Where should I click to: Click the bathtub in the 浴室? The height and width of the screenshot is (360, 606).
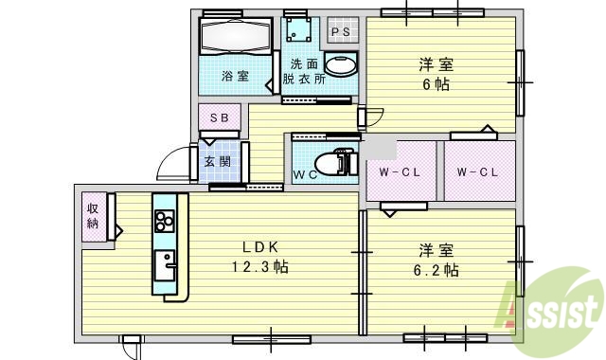click(236, 38)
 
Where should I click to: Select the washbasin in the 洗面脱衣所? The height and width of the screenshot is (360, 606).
click(341, 64)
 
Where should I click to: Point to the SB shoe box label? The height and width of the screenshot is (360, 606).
click(219, 117)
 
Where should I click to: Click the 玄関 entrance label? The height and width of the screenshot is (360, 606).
click(218, 161)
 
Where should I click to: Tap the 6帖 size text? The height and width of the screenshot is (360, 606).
click(437, 84)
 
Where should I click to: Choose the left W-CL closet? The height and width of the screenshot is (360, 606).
click(400, 171)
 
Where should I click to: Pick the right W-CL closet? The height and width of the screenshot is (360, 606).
click(477, 171)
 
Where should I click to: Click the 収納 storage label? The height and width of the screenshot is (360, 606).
click(95, 216)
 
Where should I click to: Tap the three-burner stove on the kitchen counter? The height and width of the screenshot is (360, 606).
click(164, 221)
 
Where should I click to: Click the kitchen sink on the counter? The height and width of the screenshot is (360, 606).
click(167, 262)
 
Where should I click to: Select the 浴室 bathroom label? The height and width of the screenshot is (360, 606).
click(235, 77)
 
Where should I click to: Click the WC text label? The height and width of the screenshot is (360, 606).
click(304, 175)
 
